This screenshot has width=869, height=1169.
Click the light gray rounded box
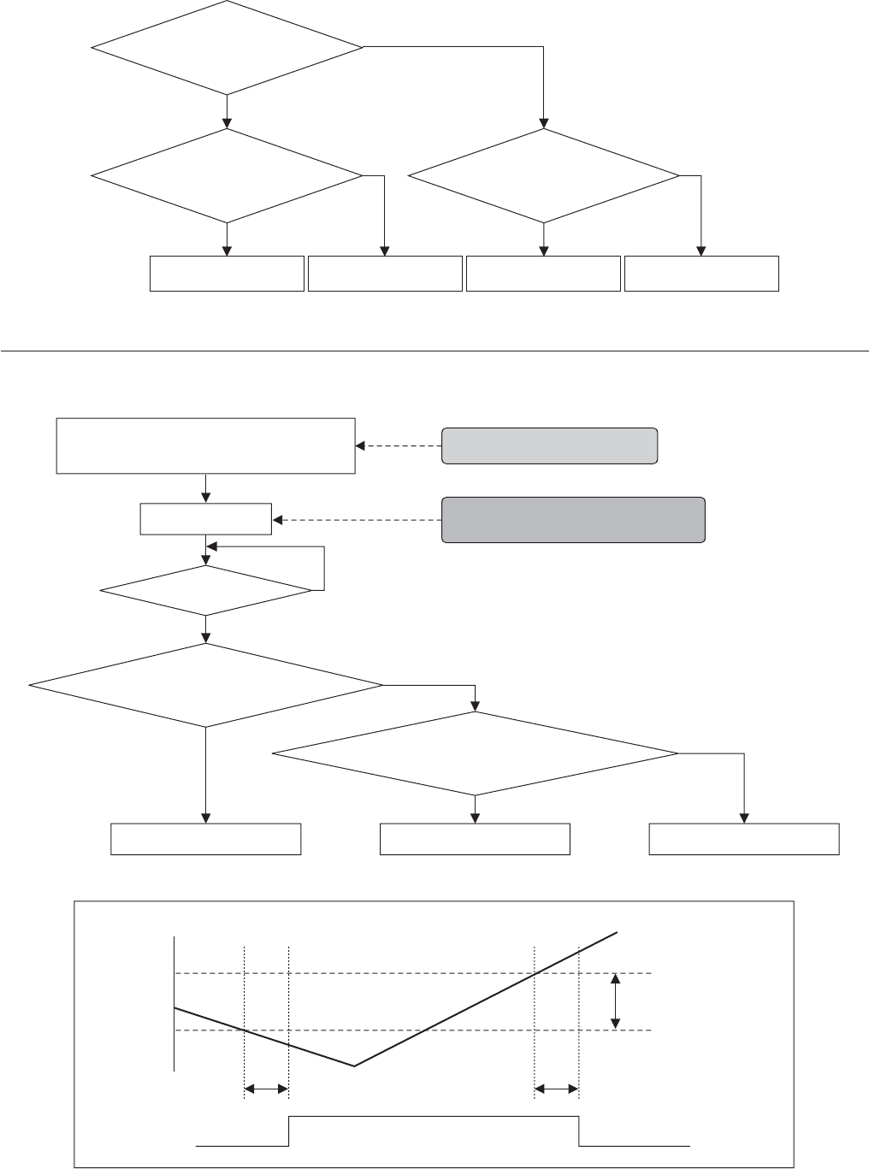pyautogui.click(x=549, y=446)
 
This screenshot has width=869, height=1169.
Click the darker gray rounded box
pyautogui.click(x=573, y=519)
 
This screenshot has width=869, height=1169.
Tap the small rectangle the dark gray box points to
pyautogui.click(x=205, y=519)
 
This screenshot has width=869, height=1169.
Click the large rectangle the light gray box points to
pyautogui.click(x=205, y=446)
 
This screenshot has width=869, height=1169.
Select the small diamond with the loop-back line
pyautogui.click(x=205, y=590)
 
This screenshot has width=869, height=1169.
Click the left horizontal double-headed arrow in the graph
pyautogui.click(x=267, y=1089)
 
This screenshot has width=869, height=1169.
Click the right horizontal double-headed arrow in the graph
pyautogui.click(x=557, y=1089)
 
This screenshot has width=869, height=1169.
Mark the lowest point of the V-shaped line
pyautogui.click(x=354, y=1066)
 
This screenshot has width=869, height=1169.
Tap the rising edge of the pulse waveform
pyautogui.click(x=289, y=1130)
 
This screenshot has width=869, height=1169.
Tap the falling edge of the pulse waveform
pyautogui.click(x=580, y=1130)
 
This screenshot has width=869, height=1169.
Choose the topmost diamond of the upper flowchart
pyautogui.click(x=227, y=47)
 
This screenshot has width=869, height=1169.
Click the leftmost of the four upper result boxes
pyautogui.click(x=227, y=273)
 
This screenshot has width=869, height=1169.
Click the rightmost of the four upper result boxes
pyautogui.click(x=701, y=273)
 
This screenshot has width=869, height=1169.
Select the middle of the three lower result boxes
pyautogui.click(x=475, y=839)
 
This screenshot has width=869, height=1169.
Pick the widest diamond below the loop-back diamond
pyautogui.click(x=205, y=685)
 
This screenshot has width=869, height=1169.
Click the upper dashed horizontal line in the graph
pyautogui.click(x=411, y=973)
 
